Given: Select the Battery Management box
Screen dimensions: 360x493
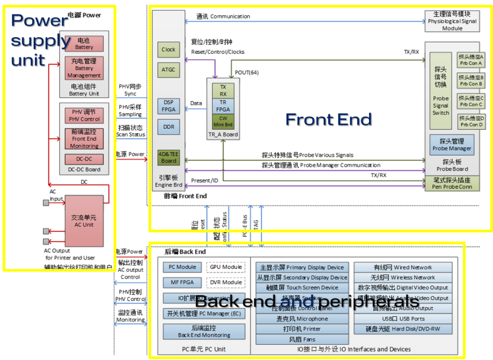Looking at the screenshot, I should point(84,68).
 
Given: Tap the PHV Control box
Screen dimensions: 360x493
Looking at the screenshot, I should point(84,116).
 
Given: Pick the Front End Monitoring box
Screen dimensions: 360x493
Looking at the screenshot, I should point(84,139).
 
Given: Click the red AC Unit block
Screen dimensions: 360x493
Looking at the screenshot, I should point(84,221).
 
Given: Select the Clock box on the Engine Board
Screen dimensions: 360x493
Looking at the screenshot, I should point(169,50).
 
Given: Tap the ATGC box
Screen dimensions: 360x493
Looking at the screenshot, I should point(169,70).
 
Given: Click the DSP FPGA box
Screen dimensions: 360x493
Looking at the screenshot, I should point(169,106).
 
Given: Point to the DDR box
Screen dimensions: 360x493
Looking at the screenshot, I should point(169,127).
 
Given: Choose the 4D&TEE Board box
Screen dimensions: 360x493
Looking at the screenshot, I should point(169,157).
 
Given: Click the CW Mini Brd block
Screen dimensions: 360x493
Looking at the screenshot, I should point(223,121).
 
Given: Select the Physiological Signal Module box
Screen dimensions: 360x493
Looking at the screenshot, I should point(452,22).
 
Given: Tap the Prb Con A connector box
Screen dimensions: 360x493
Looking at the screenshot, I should point(471,60).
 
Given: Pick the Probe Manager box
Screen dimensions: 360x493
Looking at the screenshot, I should point(452,144).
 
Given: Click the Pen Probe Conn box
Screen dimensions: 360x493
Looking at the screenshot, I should point(452,183).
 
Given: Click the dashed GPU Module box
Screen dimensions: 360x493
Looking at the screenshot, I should point(225,267).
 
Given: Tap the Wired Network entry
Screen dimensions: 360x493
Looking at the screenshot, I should point(403,268).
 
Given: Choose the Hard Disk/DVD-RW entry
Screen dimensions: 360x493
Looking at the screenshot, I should point(403,329).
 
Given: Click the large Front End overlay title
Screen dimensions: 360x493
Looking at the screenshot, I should point(329,119).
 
